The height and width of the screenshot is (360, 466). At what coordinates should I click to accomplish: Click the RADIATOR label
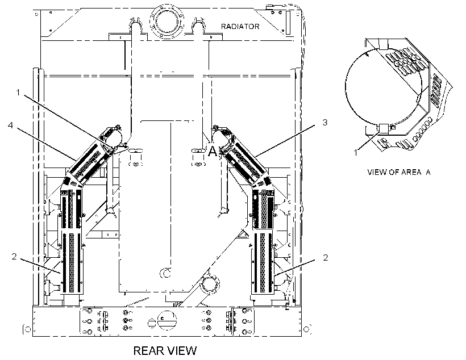240,27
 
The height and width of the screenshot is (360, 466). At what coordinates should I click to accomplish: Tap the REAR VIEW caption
165,351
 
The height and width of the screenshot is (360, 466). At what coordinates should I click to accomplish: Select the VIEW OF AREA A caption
399,172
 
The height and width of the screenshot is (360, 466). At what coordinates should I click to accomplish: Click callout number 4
11,125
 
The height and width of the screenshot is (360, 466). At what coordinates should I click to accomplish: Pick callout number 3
325,122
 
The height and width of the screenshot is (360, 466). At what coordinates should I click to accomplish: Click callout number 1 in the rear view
18,93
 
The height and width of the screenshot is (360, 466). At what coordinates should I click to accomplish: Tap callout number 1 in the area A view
356,153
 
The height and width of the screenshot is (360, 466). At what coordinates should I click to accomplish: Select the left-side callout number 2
14,256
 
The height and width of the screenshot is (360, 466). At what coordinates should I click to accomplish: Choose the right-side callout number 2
326,258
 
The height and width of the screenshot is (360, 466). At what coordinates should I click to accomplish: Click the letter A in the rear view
213,151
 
